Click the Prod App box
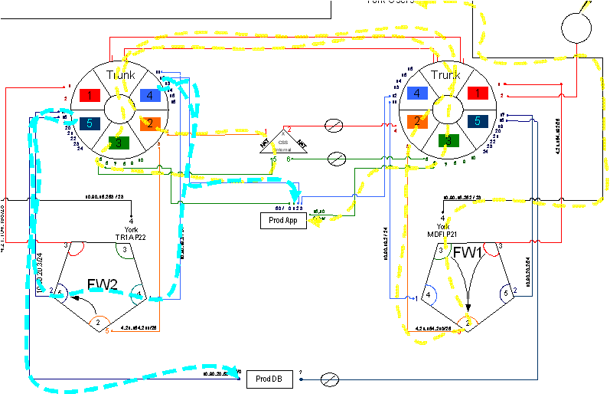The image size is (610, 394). click(283, 221)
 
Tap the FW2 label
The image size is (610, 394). click(103, 284)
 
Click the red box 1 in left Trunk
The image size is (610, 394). click(90, 96)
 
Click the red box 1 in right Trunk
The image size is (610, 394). click(478, 94)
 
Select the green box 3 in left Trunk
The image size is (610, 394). click(119, 142)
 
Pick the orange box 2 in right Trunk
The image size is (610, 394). click(418, 120)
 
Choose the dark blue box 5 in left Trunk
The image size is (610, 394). click(90, 123)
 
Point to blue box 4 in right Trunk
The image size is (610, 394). click(418, 94)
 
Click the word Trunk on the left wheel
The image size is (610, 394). click(120, 75)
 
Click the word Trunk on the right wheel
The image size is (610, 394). click(445, 75)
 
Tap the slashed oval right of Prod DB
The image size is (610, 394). click(329, 379)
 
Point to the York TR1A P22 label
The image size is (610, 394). click(131, 229)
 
